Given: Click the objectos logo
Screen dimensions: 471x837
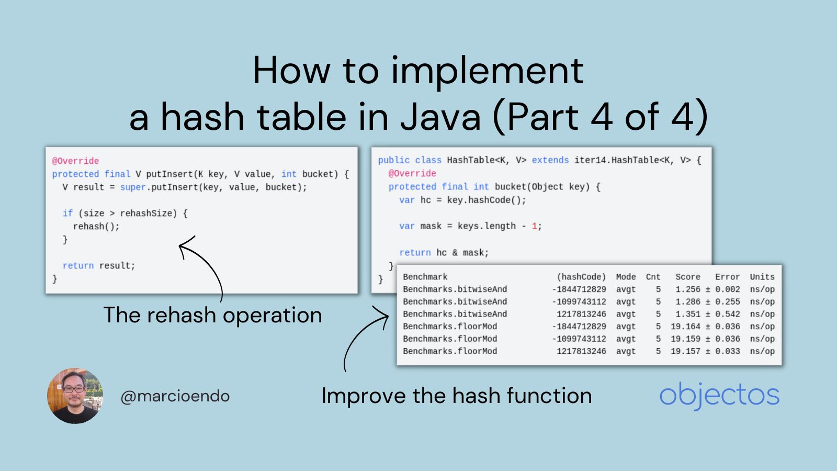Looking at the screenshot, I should coord(719,395).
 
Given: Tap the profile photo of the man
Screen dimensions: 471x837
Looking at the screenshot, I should coord(75,396).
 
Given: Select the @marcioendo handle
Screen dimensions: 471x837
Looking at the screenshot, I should coord(175,396).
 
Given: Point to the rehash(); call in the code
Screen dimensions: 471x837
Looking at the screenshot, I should coord(96,227).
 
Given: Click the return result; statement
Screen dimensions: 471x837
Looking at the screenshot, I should coord(99,266).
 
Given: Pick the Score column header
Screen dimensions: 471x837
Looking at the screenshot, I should coord(687,277).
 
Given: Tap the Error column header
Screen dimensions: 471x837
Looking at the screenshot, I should coord(727,277).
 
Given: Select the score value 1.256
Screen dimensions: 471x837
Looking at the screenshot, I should coord(687,289).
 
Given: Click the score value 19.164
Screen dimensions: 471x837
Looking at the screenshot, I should coord(685,327).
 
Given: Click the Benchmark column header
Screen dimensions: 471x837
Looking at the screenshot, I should coord(425,277).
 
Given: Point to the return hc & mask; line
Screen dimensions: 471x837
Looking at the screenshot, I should coord(444,253).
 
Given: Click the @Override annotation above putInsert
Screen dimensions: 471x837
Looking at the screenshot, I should coord(75,161).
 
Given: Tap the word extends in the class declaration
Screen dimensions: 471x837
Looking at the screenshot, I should coord(550,160).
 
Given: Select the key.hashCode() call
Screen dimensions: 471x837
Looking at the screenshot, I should coord(486,200).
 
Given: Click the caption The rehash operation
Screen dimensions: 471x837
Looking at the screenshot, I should coord(212,315).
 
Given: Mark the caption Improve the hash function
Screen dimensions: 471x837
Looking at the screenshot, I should coord(456,396).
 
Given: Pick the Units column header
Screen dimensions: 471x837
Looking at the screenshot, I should coord(762,277).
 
